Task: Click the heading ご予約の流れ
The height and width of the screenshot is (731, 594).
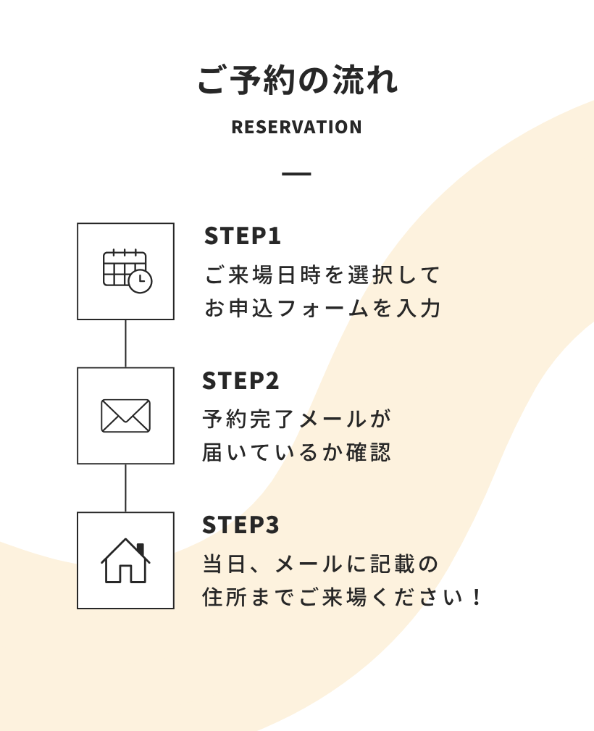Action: (x=297, y=80)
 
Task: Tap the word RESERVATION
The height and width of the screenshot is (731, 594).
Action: (x=296, y=128)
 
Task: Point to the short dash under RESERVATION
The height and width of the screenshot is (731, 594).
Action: (x=296, y=174)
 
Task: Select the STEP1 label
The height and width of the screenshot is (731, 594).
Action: (x=242, y=236)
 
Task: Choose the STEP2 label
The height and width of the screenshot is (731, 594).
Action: (x=241, y=380)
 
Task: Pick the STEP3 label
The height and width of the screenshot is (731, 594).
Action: (x=241, y=525)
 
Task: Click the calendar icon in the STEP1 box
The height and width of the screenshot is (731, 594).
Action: (x=125, y=270)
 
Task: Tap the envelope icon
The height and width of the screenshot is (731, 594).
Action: (x=125, y=416)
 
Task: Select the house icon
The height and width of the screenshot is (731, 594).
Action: (x=125, y=561)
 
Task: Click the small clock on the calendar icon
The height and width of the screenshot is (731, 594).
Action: (x=140, y=281)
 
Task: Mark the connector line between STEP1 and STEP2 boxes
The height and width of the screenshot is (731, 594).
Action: (x=125, y=343)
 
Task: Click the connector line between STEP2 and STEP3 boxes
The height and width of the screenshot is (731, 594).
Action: (x=125, y=488)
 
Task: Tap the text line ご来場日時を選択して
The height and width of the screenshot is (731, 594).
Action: (x=322, y=275)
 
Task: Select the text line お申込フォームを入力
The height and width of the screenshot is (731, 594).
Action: (x=322, y=308)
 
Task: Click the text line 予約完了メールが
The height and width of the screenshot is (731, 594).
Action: (x=297, y=419)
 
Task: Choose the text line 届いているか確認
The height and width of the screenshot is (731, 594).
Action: (x=297, y=453)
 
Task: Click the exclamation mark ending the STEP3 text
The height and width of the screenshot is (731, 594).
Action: (x=476, y=598)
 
